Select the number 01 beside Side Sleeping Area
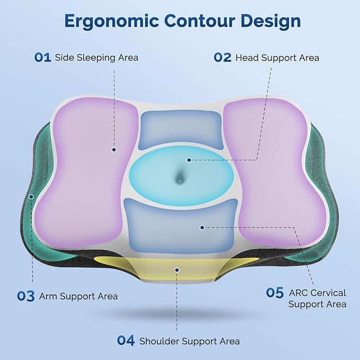pos(42,57)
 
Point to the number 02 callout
pos(222,57)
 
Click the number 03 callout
pos(25,296)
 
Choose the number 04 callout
pos(126,341)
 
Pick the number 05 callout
pos(275,293)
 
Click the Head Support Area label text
pos(277,57)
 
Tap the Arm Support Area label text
pos(78,296)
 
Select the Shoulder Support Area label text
pos(189,341)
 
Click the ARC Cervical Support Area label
pos(318,298)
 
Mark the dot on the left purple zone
pos(113,150)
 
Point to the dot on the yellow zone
pos(177,269)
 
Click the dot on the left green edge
pos(31,196)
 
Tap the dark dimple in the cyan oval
pos(180,180)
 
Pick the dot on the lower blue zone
pos(201,227)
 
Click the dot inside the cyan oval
pos(188,159)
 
